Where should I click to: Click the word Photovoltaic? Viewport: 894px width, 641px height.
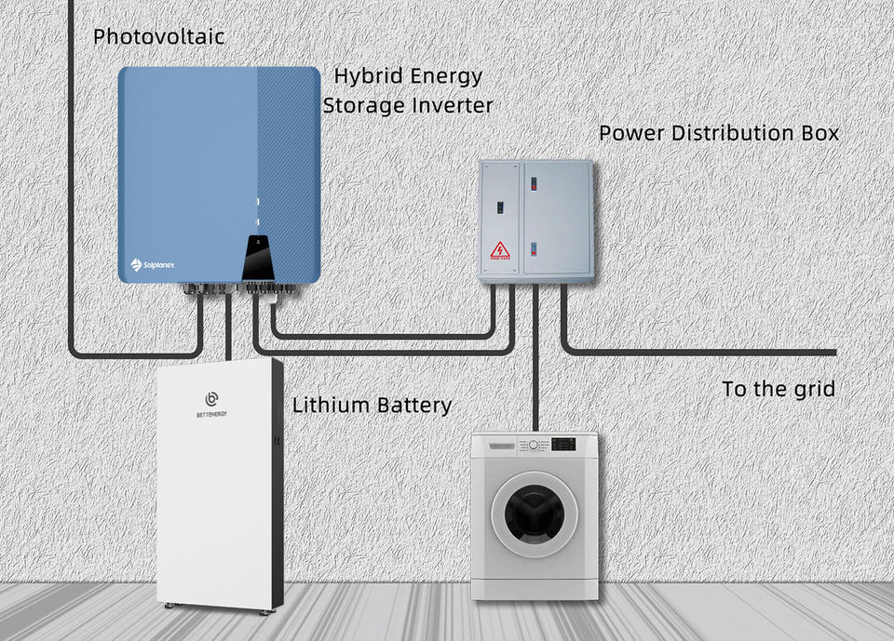point(158,37)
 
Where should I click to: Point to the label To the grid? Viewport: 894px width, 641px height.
point(779,389)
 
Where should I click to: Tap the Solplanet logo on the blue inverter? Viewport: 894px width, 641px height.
point(152,264)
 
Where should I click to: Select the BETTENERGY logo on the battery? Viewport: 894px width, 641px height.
point(211,404)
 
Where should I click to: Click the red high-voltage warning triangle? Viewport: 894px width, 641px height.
point(500,250)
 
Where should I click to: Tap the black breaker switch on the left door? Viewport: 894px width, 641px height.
point(499,208)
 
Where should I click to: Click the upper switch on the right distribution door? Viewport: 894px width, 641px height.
point(535,183)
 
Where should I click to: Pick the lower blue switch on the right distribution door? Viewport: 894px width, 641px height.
point(535,248)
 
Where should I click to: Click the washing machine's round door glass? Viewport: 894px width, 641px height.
point(535,514)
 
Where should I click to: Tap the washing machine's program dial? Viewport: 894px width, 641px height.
point(533,445)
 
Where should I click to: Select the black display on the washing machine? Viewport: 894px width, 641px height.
point(563,445)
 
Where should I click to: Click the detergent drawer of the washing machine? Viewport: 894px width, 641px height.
point(494,446)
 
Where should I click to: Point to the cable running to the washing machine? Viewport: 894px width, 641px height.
point(535,358)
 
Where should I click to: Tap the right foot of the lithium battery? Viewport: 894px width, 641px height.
point(263,612)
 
